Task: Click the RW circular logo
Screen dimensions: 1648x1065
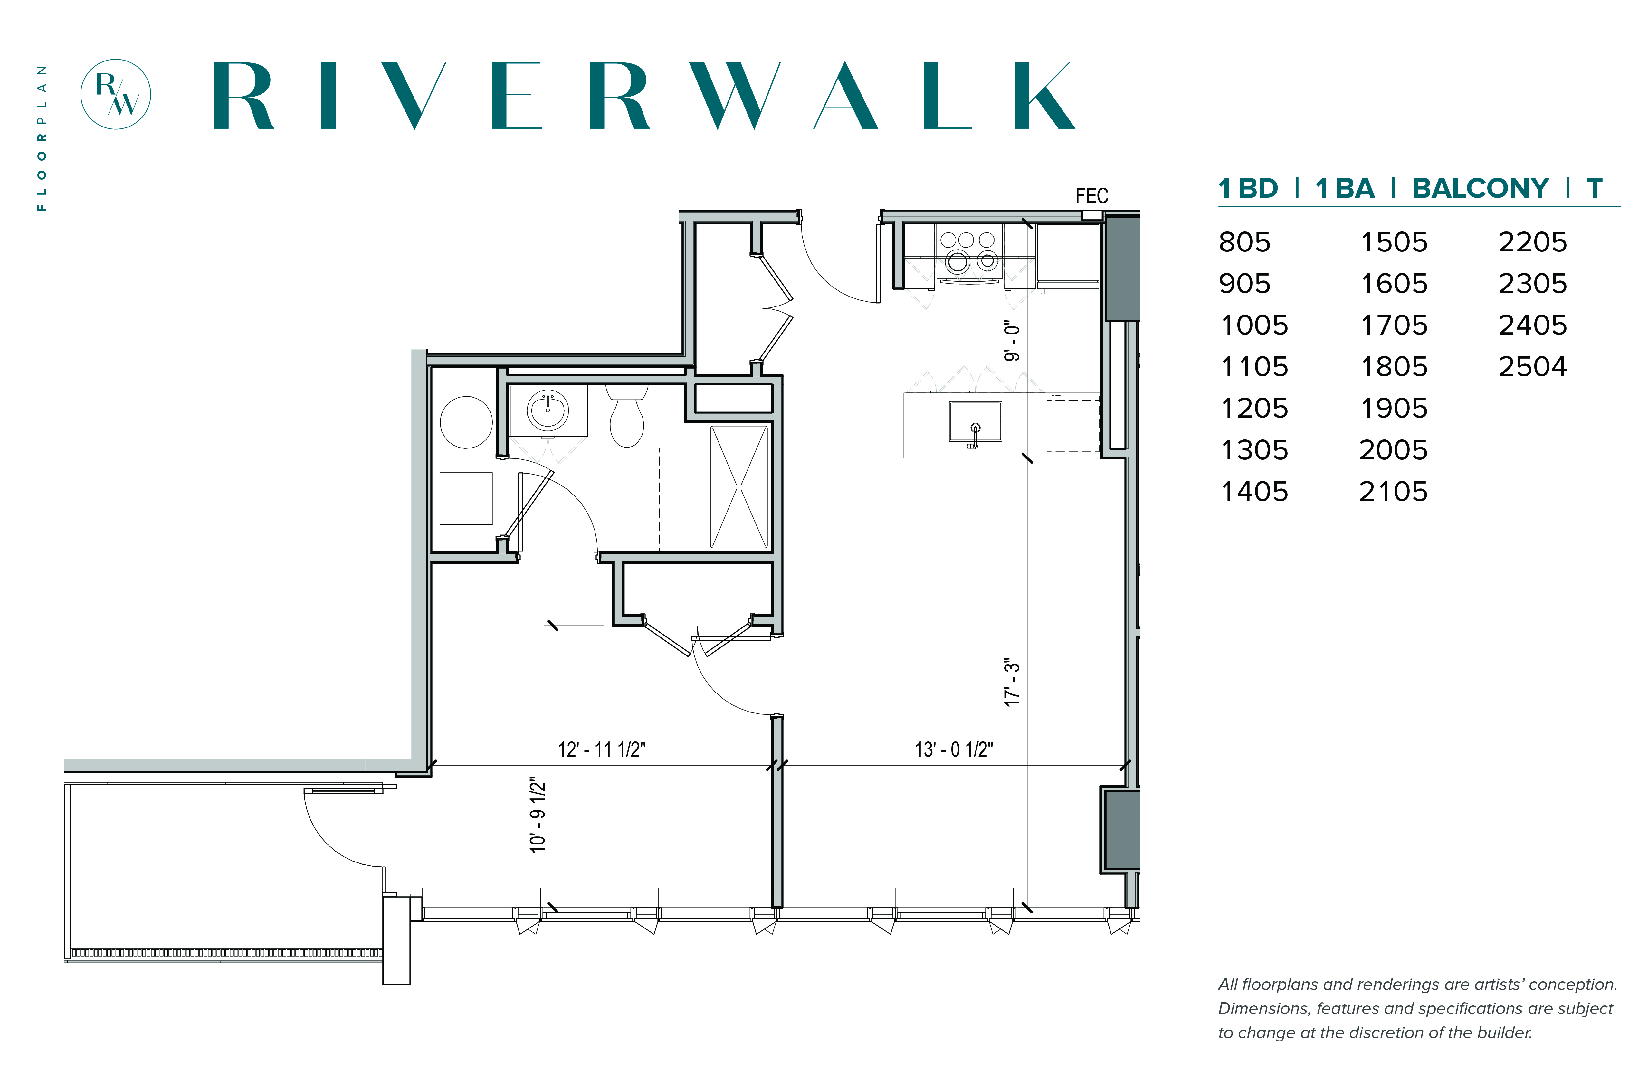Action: point(116,94)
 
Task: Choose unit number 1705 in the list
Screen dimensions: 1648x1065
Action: point(1393,325)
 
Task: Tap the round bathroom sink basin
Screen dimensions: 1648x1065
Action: point(548,410)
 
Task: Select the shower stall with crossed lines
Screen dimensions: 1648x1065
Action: point(739,487)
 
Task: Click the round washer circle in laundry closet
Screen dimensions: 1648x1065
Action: point(466,422)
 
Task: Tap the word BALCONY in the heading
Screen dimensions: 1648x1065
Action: point(1480,188)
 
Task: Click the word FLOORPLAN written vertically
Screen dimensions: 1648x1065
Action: point(42,138)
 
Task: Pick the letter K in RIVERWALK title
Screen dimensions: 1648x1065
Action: point(1044,95)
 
